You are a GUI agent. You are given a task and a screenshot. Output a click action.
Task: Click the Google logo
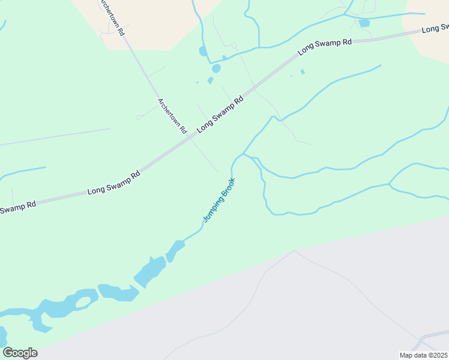click(20, 353)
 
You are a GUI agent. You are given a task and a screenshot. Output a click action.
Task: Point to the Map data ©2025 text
click(423, 355)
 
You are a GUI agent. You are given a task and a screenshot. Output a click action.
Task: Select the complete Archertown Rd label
click(173, 115)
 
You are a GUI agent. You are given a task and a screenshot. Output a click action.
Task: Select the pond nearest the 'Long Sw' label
click(364, 23)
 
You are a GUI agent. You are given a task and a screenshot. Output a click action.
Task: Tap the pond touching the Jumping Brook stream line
click(175, 250)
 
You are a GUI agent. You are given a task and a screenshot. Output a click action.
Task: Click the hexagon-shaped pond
click(216, 68)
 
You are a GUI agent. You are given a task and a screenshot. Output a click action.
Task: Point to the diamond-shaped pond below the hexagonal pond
click(210, 80)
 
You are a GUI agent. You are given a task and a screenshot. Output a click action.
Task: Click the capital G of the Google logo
click(8, 353)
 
